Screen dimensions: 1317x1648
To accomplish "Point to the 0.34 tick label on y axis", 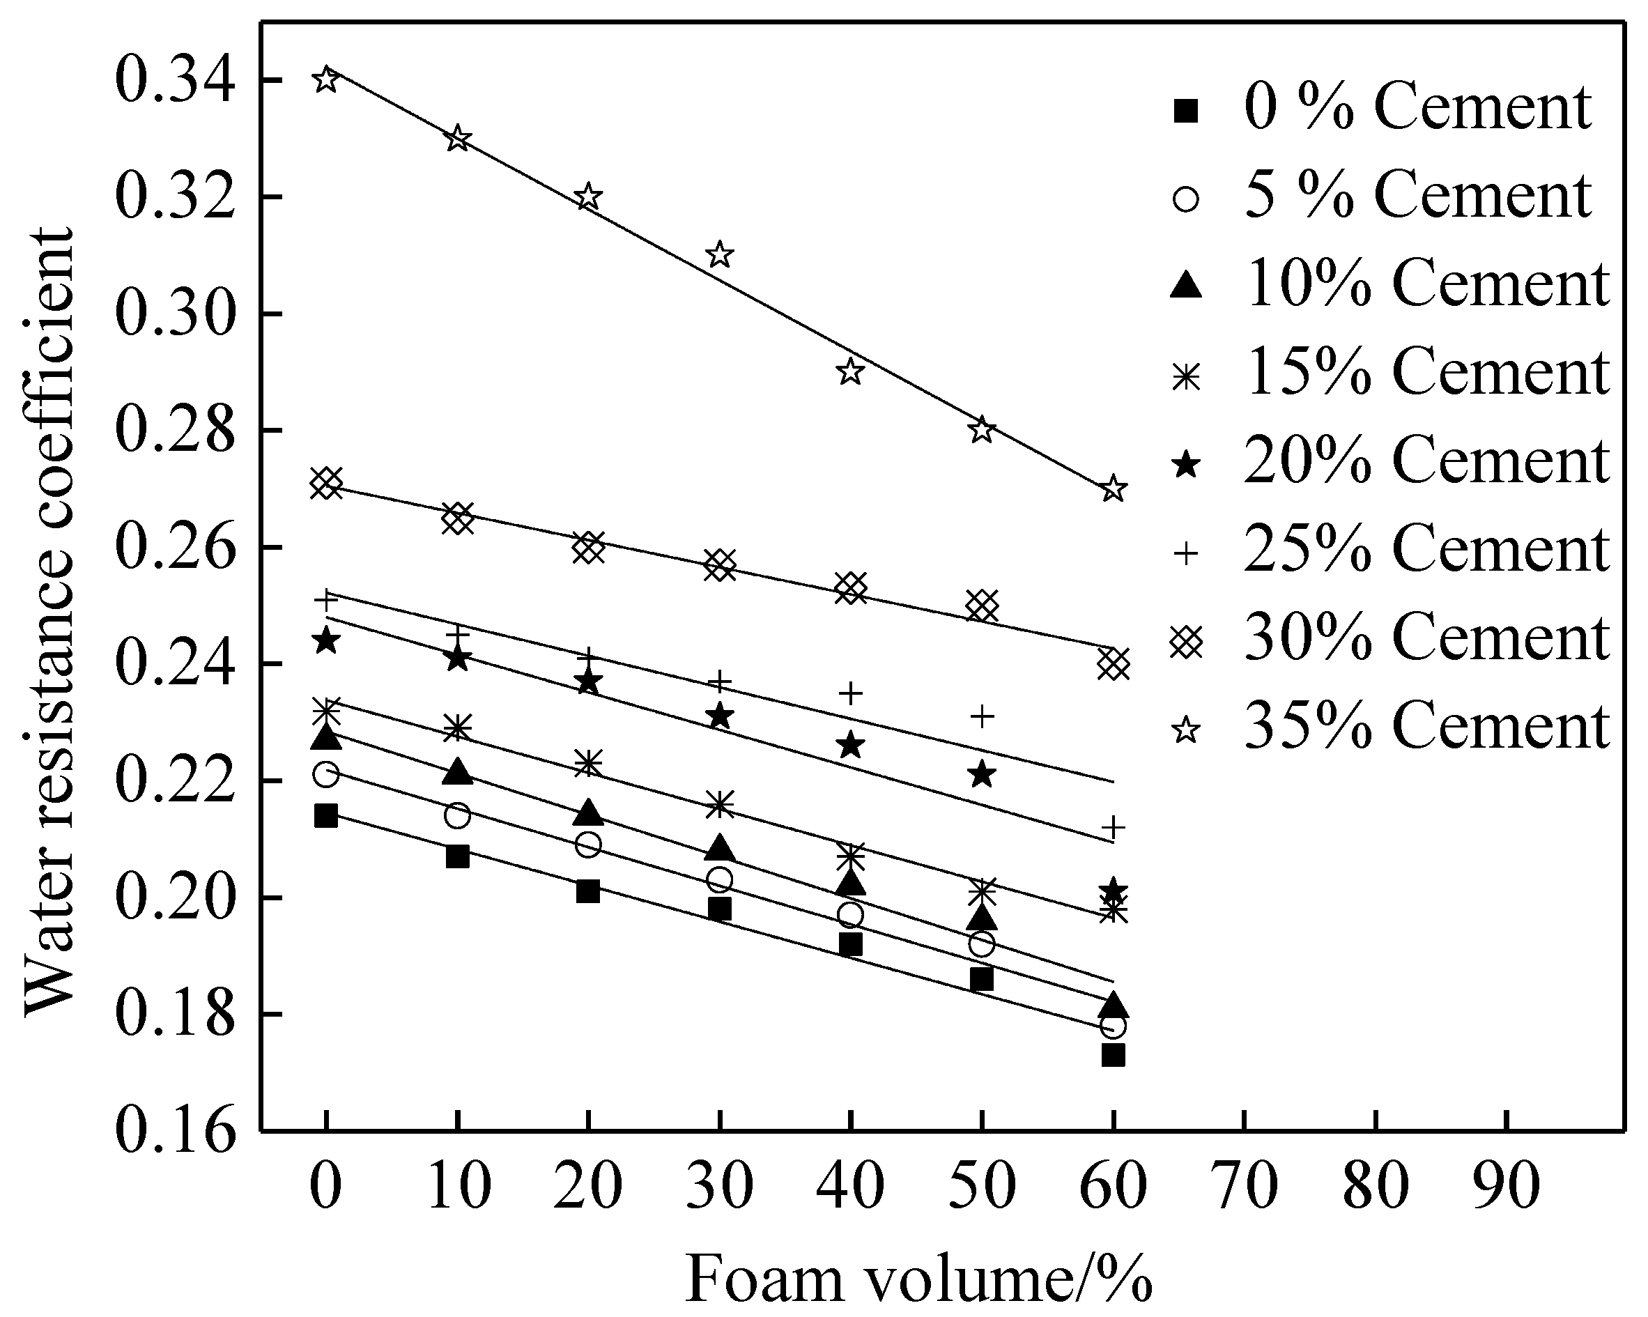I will (174, 79).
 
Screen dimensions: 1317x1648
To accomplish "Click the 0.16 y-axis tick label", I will (174, 1131).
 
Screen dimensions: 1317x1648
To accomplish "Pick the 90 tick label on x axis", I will (1507, 1185).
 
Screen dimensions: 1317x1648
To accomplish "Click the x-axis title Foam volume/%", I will (918, 1277).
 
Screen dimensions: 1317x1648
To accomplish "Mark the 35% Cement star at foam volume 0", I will (326, 79).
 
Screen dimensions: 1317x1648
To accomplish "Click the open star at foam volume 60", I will (1114, 488).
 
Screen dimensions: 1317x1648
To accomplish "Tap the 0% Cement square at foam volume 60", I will (1114, 1055).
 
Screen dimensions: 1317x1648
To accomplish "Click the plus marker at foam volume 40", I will (851, 693).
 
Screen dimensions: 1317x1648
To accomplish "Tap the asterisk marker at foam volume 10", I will (457, 727).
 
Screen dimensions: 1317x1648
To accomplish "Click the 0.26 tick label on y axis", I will (174, 547).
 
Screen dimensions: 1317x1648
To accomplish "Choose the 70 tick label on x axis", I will (1245, 1185).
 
